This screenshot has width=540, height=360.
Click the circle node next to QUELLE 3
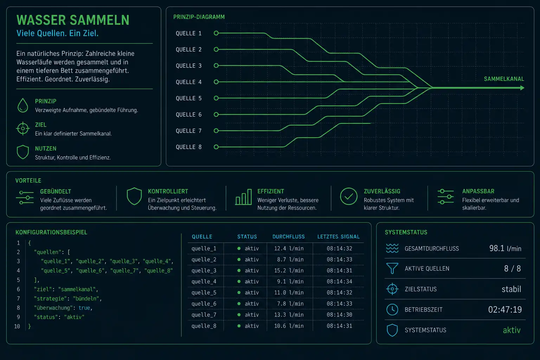(x=216, y=66)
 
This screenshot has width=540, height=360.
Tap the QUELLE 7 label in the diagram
(x=188, y=131)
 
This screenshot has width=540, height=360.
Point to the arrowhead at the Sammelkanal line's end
(x=522, y=88)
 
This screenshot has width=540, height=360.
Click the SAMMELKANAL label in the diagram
(x=504, y=79)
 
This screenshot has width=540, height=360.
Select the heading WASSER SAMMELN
(x=73, y=20)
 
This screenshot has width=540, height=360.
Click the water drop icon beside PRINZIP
(x=23, y=105)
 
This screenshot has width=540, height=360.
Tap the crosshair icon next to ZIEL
(x=23, y=129)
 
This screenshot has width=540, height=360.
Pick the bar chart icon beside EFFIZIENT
(x=244, y=197)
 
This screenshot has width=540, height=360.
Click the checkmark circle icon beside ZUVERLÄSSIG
(x=349, y=197)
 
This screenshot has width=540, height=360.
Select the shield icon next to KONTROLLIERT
(x=134, y=196)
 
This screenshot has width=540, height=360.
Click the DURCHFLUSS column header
(x=289, y=237)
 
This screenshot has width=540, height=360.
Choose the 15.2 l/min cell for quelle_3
(x=289, y=271)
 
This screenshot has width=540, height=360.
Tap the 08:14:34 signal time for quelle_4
(x=339, y=282)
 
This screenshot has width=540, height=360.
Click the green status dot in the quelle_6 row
(x=239, y=304)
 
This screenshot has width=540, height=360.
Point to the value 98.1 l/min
(x=505, y=248)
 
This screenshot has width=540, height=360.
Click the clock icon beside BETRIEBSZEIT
(x=392, y=310)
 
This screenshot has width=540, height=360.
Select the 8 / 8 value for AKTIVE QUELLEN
(x=513, y=269)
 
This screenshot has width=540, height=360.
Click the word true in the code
(x=84, y=308)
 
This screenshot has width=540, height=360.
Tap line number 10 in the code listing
(x=17, y=327)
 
